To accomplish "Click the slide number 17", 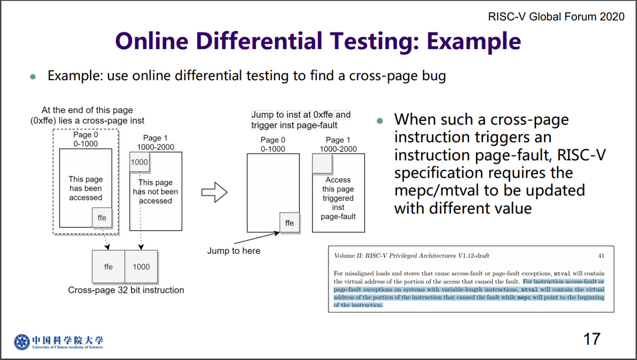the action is coord(592,339).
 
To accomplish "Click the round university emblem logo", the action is coord(22,342).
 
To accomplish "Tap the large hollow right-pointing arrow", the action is coord(214,192).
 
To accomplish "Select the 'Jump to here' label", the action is coord(233,251).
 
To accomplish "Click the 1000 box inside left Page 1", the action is coord(139,162).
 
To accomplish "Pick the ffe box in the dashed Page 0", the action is coord(102,218).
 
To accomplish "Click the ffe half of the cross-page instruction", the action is coord(108,267).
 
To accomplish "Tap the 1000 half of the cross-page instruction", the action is coord(141,267).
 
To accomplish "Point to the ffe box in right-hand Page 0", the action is coord(290,223).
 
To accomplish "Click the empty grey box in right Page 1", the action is coord(322,164).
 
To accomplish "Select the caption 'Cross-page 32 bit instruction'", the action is coord(126,290).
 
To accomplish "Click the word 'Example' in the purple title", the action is coord(474,41).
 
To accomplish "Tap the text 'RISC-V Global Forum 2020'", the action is coord(556,17).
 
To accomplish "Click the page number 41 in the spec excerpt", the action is coord(601,256).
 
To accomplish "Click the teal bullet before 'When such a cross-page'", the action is coord(379,121).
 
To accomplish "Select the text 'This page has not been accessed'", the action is coord(155,192).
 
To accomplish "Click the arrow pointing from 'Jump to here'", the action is coord(257,238).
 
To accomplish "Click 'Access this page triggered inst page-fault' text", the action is coord(338,198).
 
